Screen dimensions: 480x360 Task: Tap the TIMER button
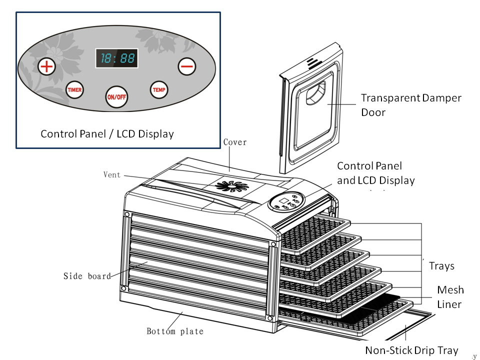coord(74,89)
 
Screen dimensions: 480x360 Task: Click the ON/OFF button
coord(116,97)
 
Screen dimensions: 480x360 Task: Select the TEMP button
coord(159,89)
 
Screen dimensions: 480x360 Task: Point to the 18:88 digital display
coord(116,58)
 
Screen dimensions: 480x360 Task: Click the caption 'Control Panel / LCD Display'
coord(107,134)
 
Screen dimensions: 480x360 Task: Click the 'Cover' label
coord(235,142)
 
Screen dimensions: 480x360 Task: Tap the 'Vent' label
coord(111,175)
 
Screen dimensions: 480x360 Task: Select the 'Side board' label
coord(87,276)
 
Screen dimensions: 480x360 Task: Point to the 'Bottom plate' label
coord(175,331)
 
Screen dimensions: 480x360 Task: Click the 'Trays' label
coord(441,266)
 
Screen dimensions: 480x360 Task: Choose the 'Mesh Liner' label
coord(450,297)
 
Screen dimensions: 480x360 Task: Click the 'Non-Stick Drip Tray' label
coord(411,350)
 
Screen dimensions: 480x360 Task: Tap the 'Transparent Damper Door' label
coord(411,105)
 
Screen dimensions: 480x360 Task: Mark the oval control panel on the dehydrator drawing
coord(286,201)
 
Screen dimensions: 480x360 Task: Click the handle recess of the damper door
coord(316,93)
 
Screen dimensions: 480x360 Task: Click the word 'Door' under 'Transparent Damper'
coord(373,112)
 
